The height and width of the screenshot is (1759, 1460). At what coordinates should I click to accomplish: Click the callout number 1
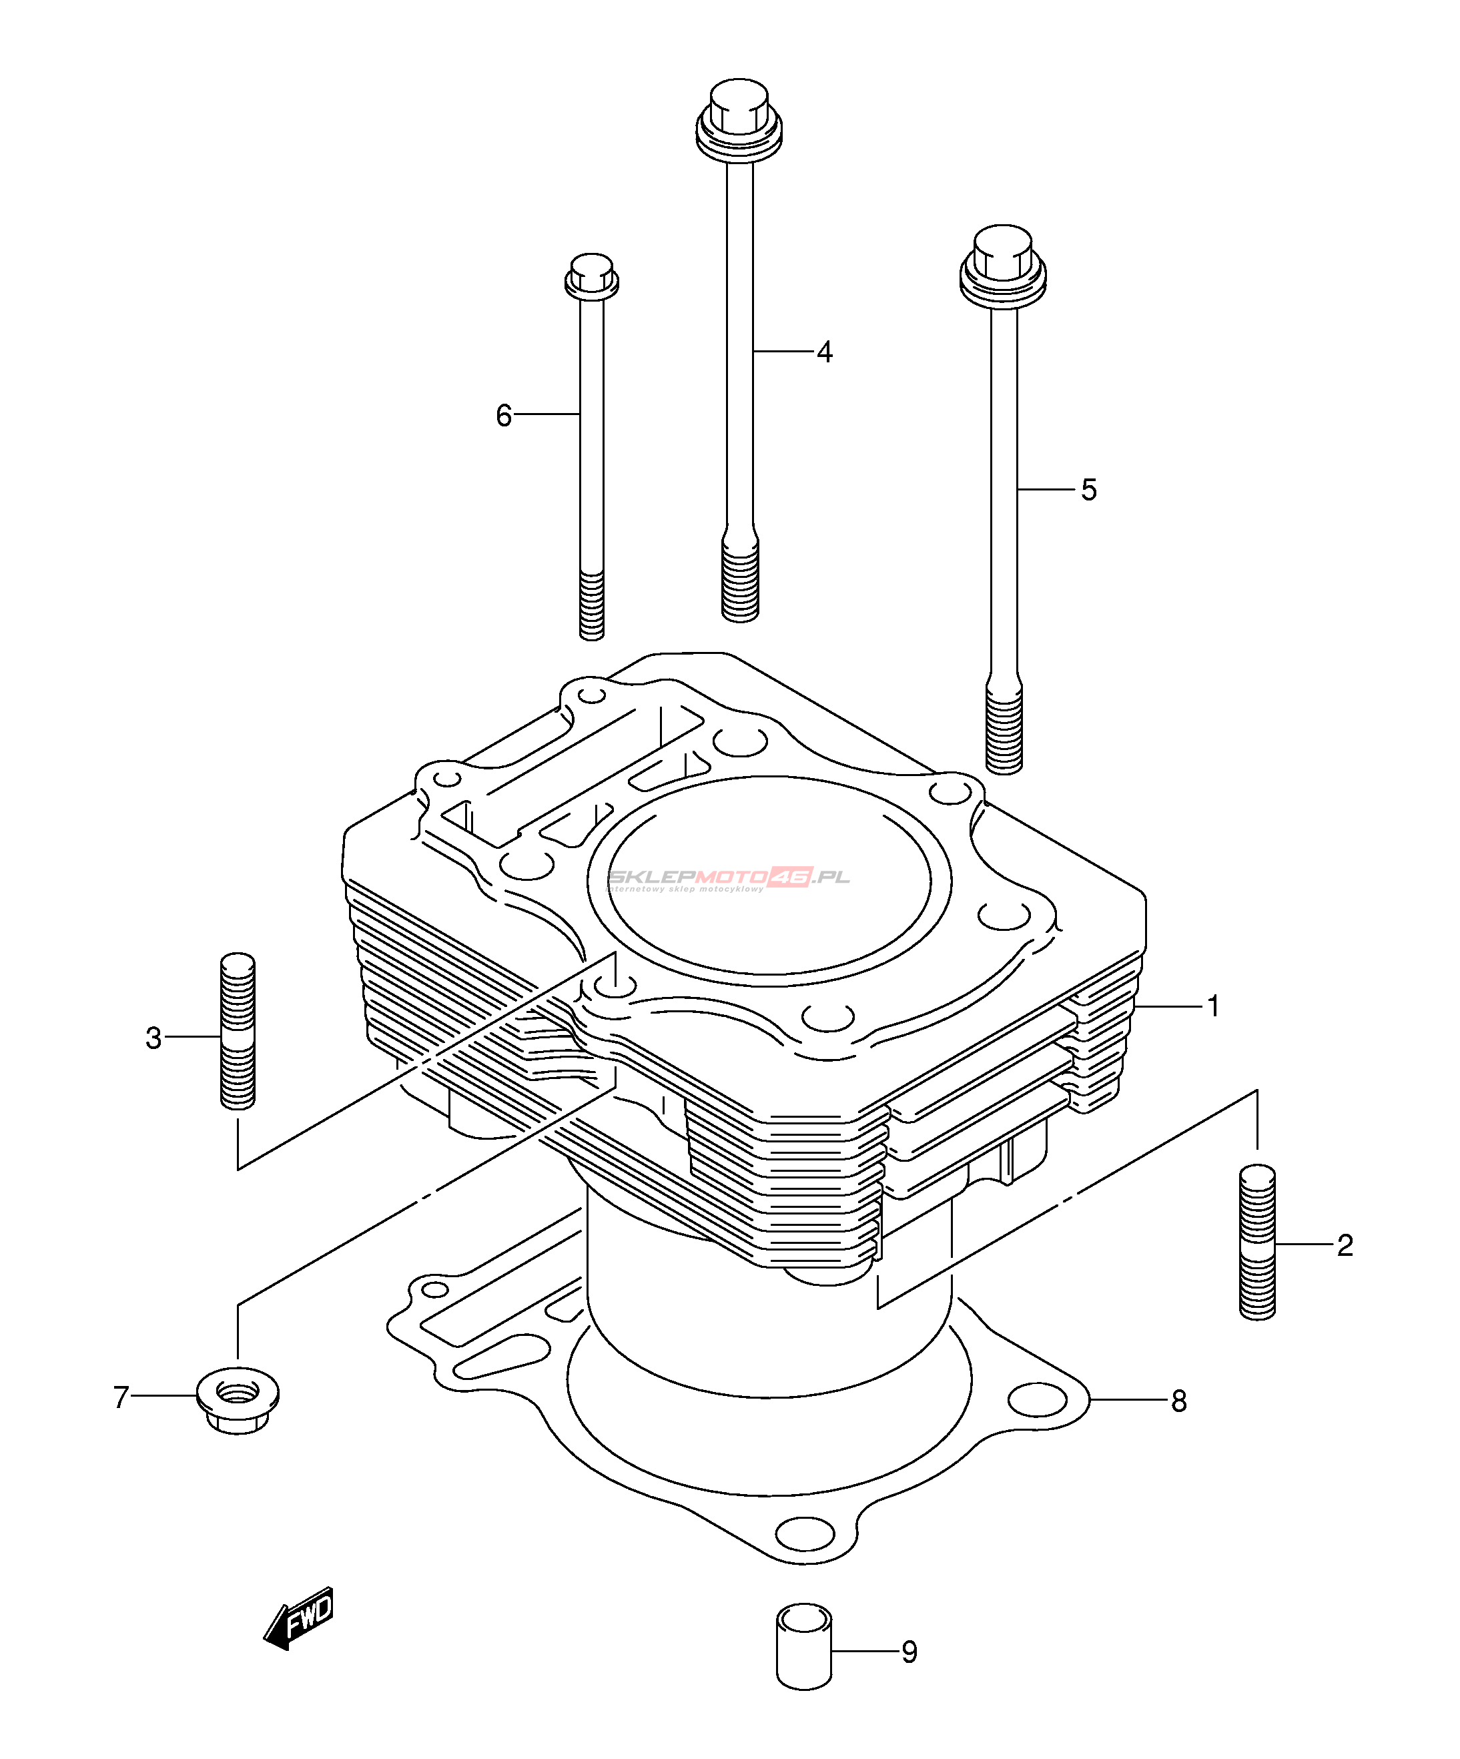(x=1213, y=1006)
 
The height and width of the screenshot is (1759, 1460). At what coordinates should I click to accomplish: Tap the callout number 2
(x=1345, y=1246)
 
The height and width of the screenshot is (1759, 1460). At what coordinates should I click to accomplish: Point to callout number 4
(x=824, y=352)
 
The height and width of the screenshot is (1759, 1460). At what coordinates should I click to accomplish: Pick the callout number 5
(x=1088, y=490)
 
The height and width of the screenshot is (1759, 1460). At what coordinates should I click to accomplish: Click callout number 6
(x=503, y=416)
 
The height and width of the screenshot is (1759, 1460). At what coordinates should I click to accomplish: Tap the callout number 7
(x=121, y=1397)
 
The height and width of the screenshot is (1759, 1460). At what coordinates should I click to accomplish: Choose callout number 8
(x=1178, y=1401)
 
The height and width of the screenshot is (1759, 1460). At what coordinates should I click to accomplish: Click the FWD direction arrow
(x=300, y=1618)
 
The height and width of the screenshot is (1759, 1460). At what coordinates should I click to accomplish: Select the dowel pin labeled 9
(x=804, y=1646)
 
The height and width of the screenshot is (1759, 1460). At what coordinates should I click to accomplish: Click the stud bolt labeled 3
(x=238, y=1030)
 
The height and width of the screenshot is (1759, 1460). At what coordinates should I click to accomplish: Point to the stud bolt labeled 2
(x=1256, y=1243)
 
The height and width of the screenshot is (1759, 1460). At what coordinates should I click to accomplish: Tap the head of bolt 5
(x=1003, y=263)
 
